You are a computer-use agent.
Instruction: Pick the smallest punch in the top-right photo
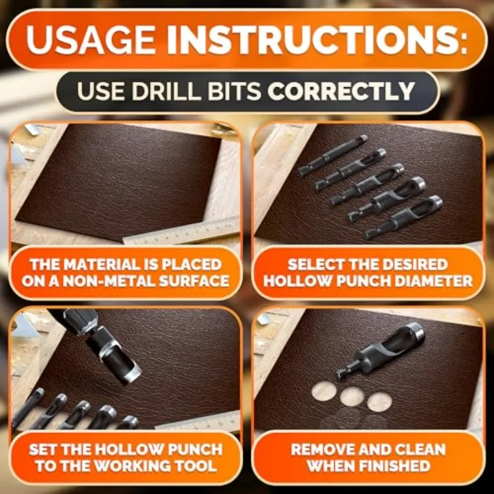click(333, 155)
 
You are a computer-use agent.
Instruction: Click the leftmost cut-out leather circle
click(324, 391)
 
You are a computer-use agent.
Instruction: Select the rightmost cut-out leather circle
click(379, 401)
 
